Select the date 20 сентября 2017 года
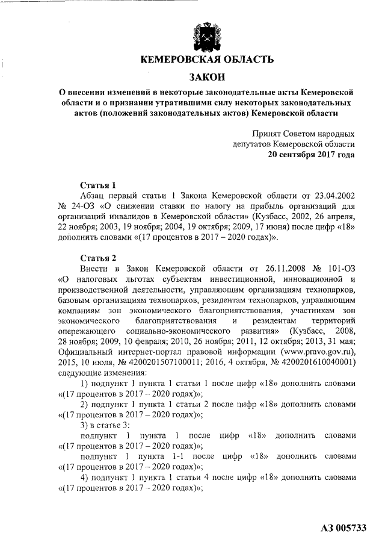(x=311, y=154)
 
